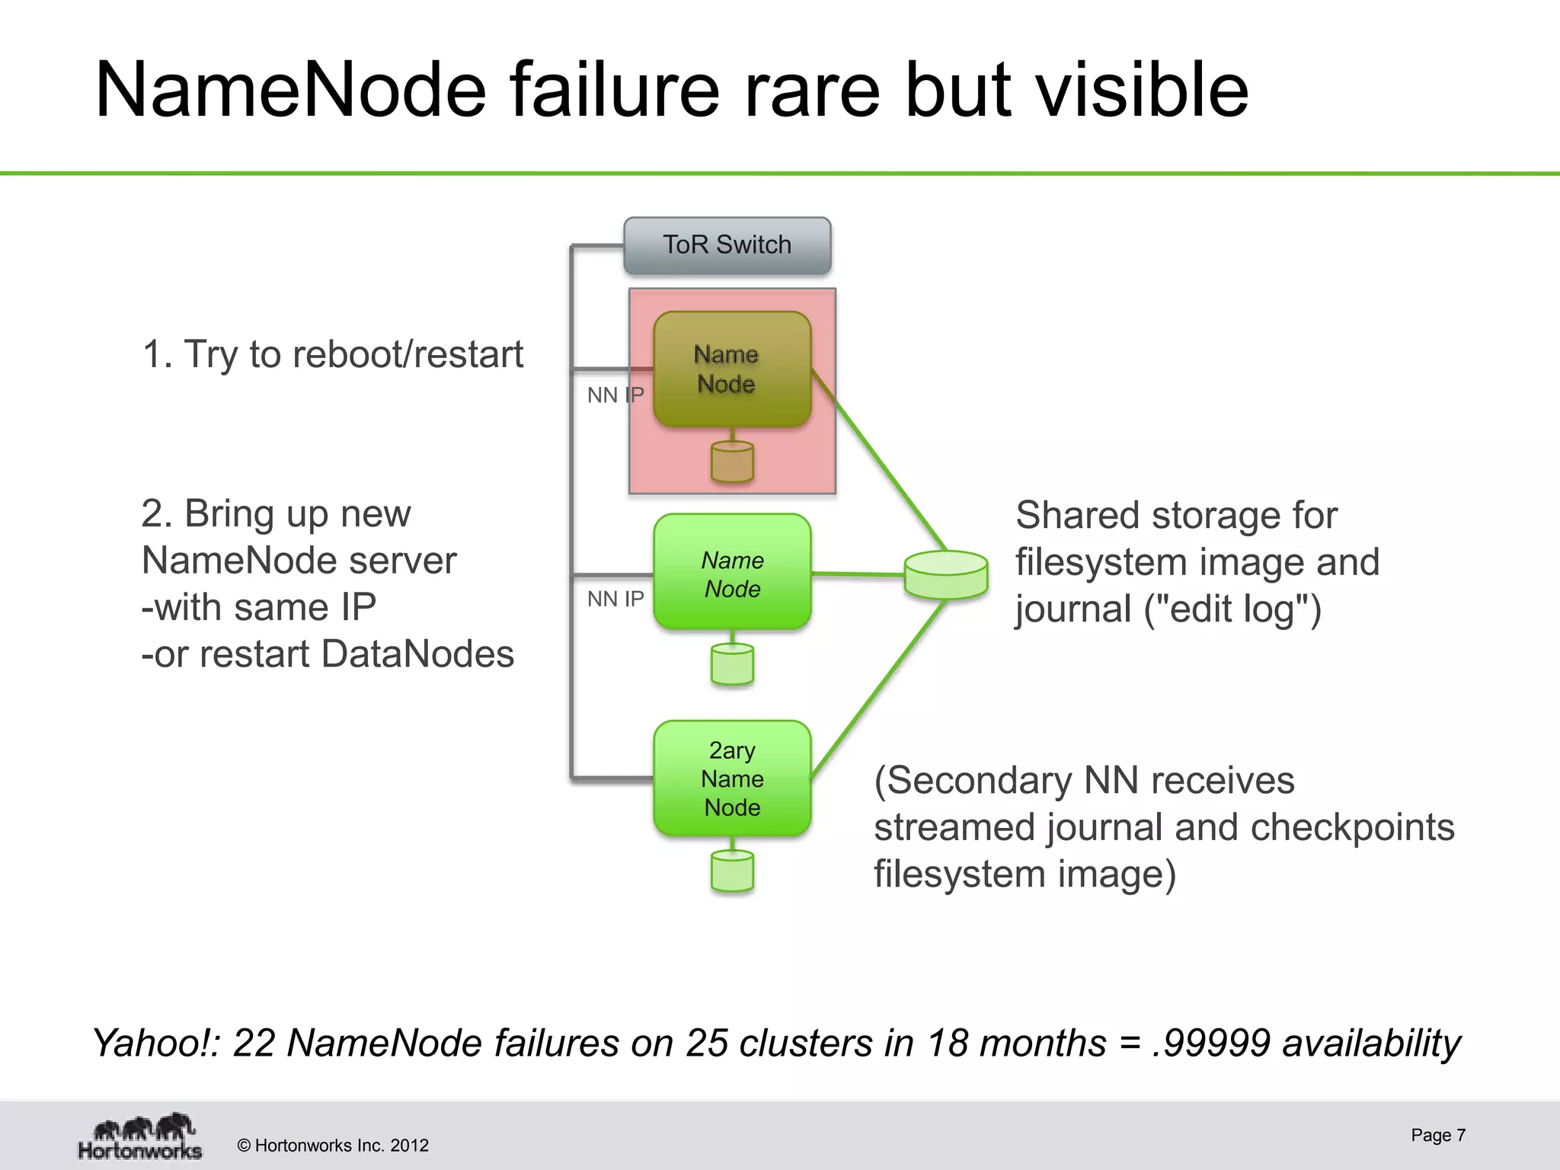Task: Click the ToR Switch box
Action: (727, 245)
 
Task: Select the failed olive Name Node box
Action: (731, 369)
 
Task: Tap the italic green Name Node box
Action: (731, 573)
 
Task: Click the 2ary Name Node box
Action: (731, 778)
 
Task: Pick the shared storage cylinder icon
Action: (946, 574)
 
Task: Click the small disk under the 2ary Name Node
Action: (732, 871)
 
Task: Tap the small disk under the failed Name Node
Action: (732, 462)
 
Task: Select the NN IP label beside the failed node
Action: (615, 395)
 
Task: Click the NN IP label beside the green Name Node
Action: (615, 599)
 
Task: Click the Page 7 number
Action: (1437, 1135)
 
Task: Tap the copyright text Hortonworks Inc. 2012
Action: (333, 1146)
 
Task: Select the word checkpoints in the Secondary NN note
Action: (1352, 826)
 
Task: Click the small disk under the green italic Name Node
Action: (732, 664)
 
